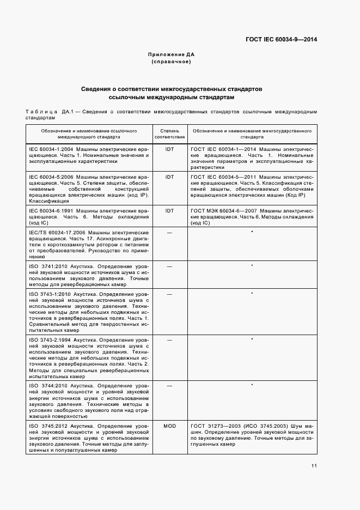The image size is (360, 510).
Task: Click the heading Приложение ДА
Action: click(x=171, y=55)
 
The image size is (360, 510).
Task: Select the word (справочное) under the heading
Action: click(x=171, y=62)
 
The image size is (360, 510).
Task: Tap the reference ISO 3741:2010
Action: click(x=48, y=266)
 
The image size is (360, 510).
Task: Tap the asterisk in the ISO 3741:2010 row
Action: click(x=252, y=266)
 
